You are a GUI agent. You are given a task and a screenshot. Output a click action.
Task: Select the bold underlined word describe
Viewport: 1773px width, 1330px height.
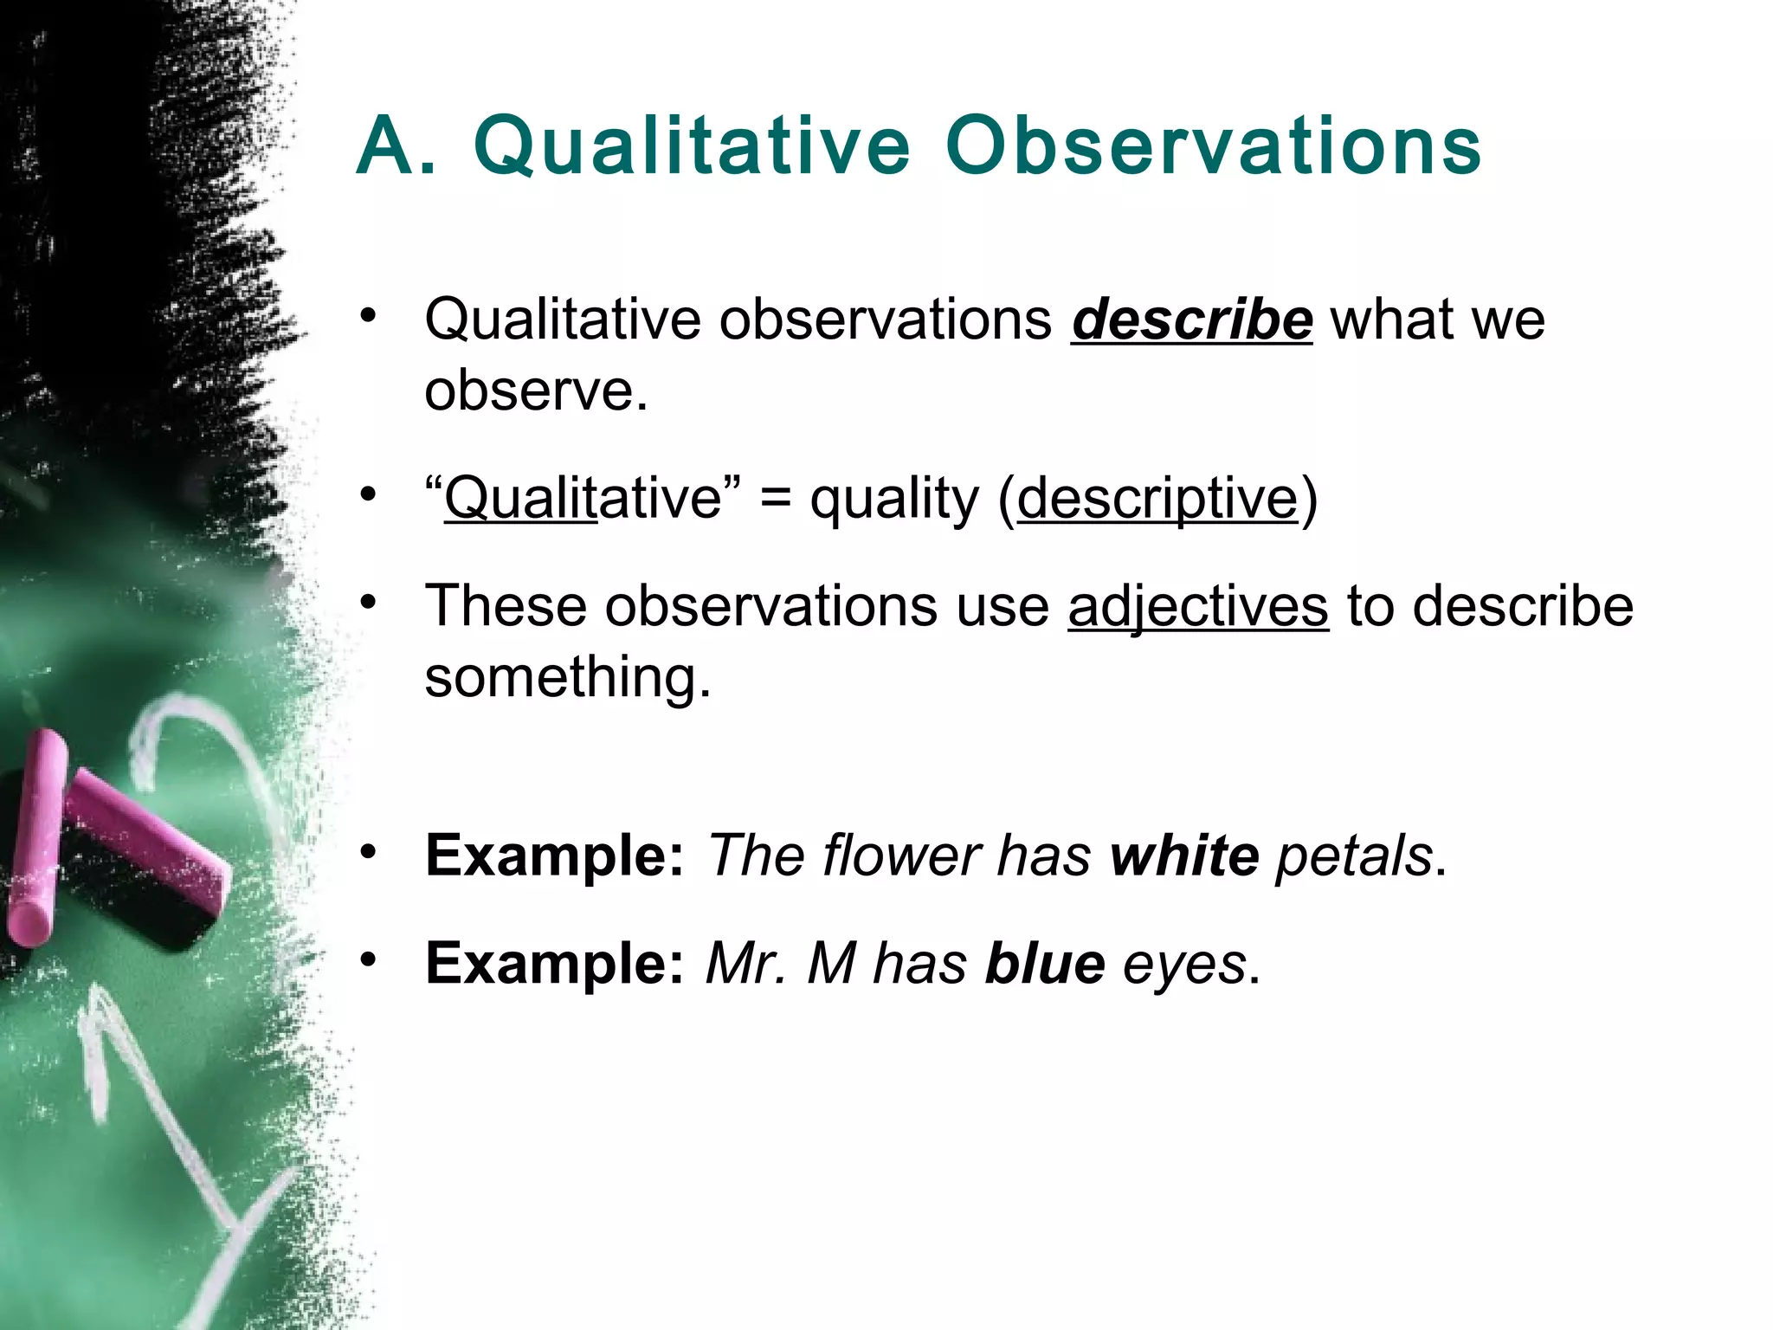(x=1191, y=320)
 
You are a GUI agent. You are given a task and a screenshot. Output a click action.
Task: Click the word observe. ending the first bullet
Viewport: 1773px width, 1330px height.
(x=536, y=391)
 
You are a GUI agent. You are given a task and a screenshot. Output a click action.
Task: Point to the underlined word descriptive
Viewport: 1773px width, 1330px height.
(x=1157, y=500)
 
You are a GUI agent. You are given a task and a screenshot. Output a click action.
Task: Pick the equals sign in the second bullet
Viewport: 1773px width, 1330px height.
(x=774, y=500)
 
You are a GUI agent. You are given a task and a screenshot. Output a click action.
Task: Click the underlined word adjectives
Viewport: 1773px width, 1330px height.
(x=1197, y=606)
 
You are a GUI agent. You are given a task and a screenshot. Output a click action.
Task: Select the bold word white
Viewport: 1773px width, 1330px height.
(x=1184, y=855)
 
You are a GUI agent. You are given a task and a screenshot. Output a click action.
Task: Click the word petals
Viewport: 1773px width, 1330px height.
(x=1354, y=855)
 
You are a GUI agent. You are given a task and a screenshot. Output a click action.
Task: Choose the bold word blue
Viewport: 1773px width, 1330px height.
(x=1045, y=963)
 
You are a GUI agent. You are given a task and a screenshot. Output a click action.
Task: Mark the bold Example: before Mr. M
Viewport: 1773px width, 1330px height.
(x=555, y=963)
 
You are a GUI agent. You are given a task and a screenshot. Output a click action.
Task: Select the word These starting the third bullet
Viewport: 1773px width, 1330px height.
(x=506, y=606)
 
